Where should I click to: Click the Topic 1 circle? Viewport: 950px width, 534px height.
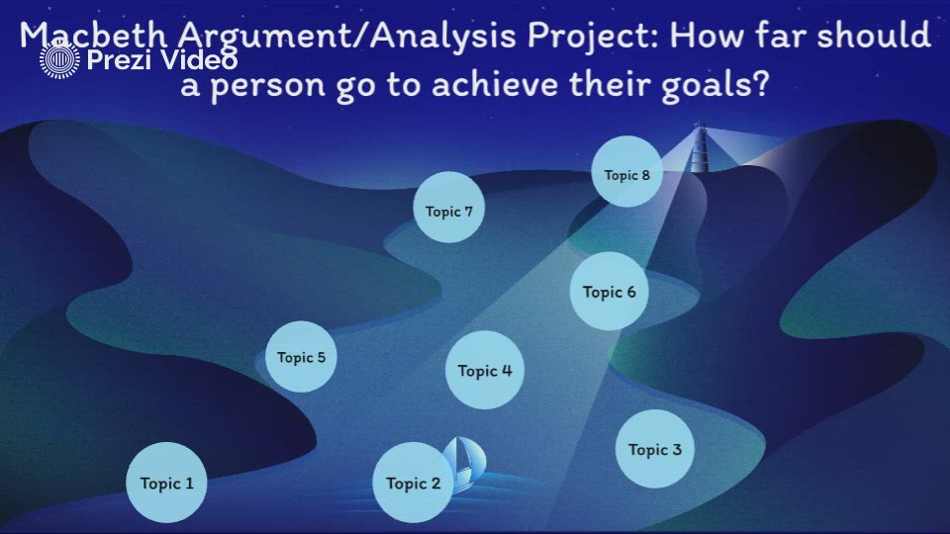166,483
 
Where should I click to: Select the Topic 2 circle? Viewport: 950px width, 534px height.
413,483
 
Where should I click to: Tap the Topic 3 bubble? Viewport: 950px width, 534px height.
654,449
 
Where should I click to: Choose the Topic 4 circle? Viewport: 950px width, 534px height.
484,371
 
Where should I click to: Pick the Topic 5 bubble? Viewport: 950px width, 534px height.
301,357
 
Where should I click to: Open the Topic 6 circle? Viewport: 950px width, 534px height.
609,291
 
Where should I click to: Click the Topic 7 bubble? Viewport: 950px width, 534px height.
448,210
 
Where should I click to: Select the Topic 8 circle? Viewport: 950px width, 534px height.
626,174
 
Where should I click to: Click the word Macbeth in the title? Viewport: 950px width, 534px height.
96,38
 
